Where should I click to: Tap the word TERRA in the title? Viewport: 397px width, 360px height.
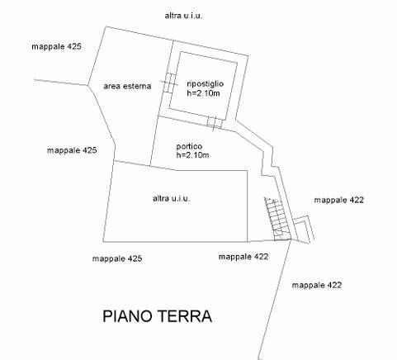[x=186, y=316]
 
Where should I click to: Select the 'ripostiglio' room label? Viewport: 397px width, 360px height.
[x=205, y=84]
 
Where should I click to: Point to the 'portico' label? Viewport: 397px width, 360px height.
[x=189, y=146]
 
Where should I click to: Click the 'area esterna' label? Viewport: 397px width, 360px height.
[x=127, y=86]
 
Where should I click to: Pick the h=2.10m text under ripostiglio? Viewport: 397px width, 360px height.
[x=203, y=93]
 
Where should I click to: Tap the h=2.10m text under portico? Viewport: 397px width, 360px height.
[x=192, y=155]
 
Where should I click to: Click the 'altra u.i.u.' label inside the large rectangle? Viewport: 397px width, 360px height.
[x=172, y=198]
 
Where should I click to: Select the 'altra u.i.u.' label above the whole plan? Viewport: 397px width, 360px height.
[x=183, y=16]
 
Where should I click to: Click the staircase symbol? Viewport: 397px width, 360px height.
[x=277, y=219]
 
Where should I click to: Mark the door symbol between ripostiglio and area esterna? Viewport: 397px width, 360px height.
[x=169, y=83]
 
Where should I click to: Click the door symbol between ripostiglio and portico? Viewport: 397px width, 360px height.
[x=215, y=123]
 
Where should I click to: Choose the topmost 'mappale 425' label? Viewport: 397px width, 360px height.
[x=56, y=46]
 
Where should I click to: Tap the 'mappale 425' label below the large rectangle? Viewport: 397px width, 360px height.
[x=117, y=258]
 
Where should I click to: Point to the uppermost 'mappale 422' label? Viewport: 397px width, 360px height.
[x=339, y=200]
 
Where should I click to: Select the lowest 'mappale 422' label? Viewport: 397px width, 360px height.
[x=317, y=285]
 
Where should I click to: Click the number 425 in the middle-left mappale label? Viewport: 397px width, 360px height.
[x=89, y=150]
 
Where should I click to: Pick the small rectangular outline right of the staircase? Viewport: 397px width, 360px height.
[x=304, y=230]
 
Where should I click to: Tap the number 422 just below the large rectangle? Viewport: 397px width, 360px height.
[x=261, y=257]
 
